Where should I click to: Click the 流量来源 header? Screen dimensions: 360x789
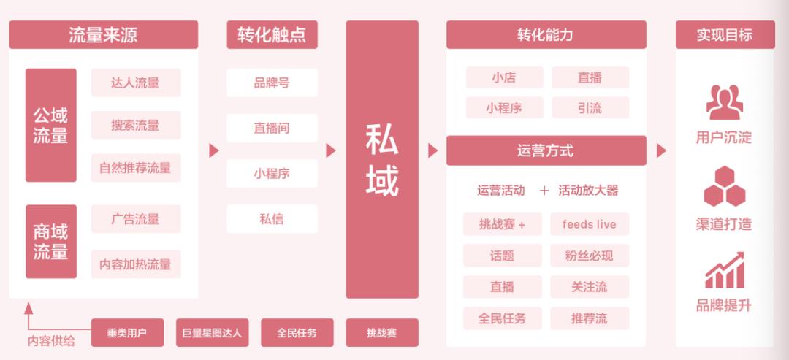[103, 35]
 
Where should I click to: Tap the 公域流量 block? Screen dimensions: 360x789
[51, 125]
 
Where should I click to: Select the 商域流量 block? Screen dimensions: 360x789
[51, 242]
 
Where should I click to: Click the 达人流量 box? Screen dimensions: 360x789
[136, 83]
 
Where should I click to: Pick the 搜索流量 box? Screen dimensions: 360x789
[136, 125]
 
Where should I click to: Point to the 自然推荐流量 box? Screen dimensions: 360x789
[136, 168]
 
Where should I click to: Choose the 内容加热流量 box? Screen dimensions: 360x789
[136, 264]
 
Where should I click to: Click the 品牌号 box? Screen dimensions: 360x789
[272, 83]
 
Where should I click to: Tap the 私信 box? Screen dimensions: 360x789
[272, 219]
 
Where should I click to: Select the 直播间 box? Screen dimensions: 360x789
[272, 128]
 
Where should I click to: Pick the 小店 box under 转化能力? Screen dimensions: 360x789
[504, 77]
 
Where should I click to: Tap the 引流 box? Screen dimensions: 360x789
[590, 108]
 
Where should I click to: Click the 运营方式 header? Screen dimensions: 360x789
[546, 150]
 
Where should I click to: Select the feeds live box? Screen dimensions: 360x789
[590, 224]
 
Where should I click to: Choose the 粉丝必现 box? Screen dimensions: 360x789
[590, 256]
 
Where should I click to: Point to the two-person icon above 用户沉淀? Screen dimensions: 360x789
[724, 102]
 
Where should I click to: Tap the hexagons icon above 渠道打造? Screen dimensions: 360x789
[724, 187]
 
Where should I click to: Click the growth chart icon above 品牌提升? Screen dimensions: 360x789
[724, 270]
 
